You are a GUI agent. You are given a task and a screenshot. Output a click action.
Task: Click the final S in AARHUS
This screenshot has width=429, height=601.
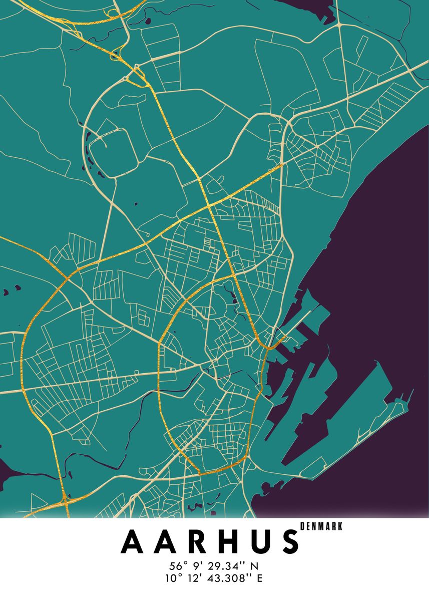pos(289,541)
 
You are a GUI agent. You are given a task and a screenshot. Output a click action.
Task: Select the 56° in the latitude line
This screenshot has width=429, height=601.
pos(179,566)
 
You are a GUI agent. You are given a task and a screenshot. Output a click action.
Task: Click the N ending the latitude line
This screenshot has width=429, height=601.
pos(255,566)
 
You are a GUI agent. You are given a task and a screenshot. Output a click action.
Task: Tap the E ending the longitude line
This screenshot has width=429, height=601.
pos(259,578)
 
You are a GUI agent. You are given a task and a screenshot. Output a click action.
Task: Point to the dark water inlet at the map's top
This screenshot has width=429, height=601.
pos(310,9)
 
